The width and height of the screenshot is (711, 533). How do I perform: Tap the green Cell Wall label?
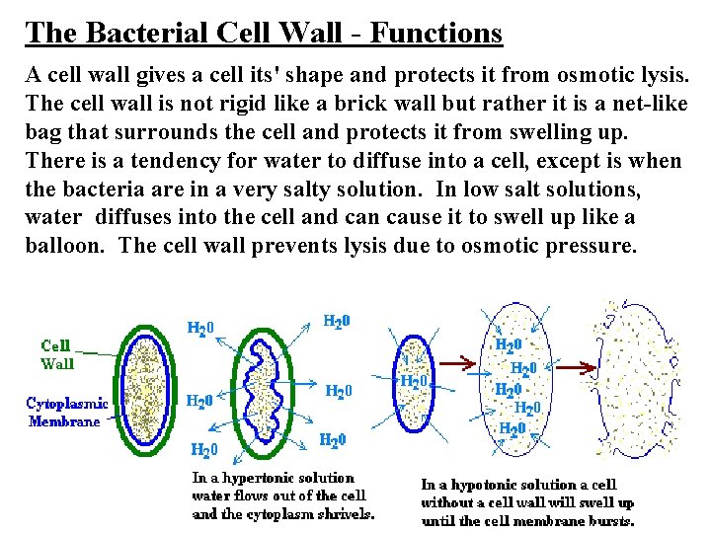coord(56,353)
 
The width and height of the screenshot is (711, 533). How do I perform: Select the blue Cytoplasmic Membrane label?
coord(65,413)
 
